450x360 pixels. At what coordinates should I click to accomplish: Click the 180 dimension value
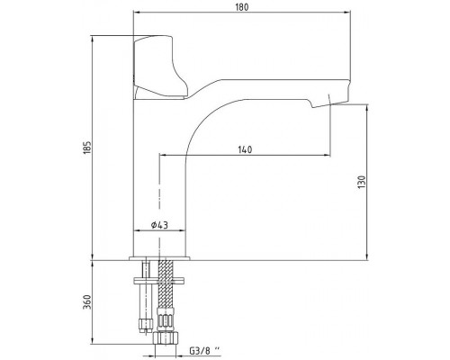[242, 7]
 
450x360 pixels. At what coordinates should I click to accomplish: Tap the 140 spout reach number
[245, 149]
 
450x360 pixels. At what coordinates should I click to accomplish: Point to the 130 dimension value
[362, 182]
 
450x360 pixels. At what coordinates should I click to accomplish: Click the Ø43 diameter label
[159, 225]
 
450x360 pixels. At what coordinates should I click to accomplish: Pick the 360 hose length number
[86, 302]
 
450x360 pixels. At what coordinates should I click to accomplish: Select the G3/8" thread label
[204, 350]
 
